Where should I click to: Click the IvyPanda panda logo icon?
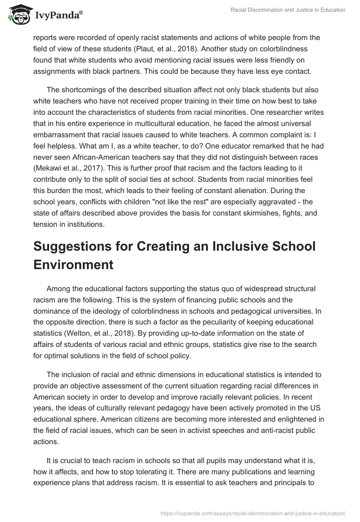pyautogui.click(x=17, y=15)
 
